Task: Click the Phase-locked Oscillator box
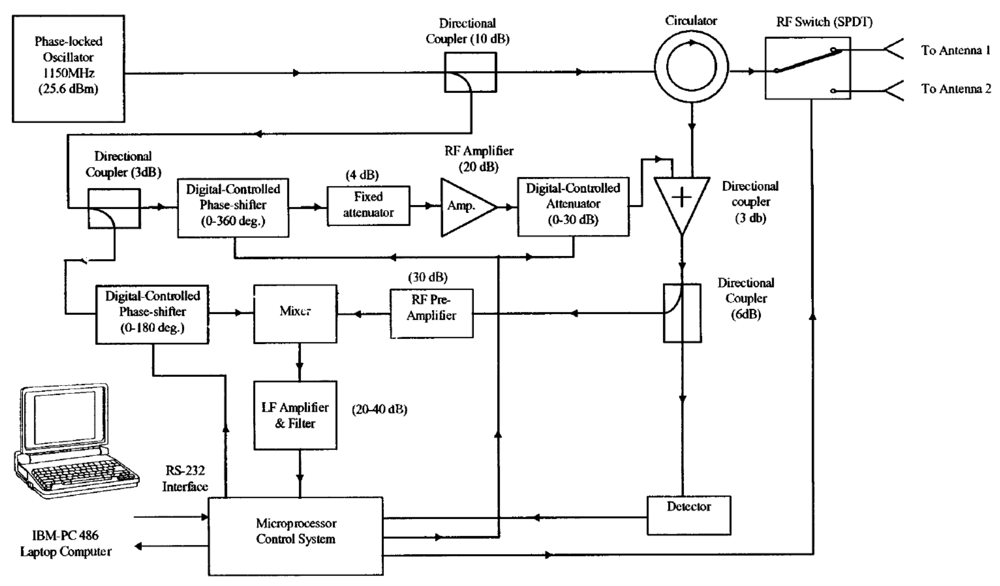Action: click(x=68, y=68)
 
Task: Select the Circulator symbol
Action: click(x=691, y=66)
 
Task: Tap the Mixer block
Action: click(x=295, y=314)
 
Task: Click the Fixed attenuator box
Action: click(x=368, y=206)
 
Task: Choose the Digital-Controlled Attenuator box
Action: click(x=573, y=206)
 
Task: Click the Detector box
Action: click(x=688, y=515)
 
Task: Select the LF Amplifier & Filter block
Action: click(x=295, y=415)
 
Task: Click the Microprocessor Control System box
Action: click(x=296, y=536)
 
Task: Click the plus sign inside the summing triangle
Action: click(x=682, y=197)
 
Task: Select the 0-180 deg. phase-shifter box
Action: click(x=152, y=314)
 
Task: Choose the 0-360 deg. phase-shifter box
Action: click(x=233, y=208)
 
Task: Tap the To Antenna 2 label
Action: click(x=955, y=88)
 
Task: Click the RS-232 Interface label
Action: click(x=185, y=478)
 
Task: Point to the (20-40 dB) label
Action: click(x=379, y=409)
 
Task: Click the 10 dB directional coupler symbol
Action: click(x=470, y=72)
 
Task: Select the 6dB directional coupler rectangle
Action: click(x=682, y=313)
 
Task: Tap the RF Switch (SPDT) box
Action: click(x=808, y=68)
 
